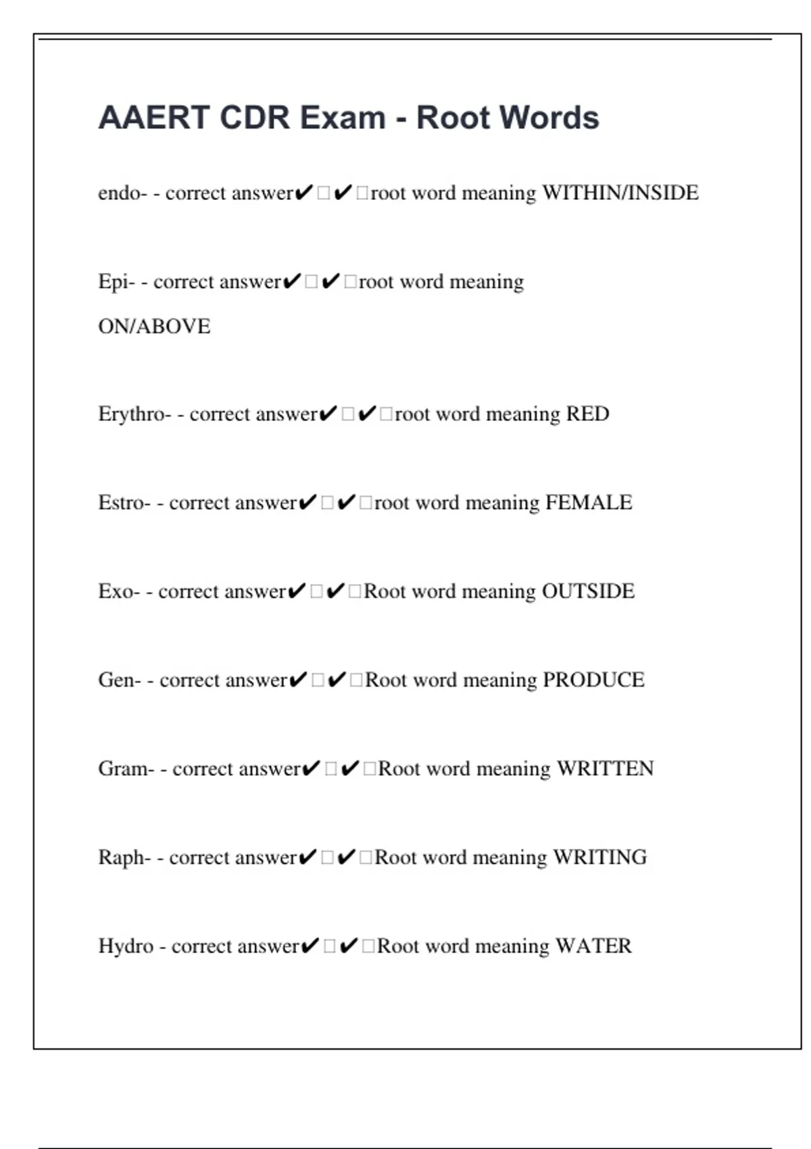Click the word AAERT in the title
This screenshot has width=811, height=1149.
(154, 118)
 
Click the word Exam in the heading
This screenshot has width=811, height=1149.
(343, 118)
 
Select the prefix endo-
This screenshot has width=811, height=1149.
(122, 193)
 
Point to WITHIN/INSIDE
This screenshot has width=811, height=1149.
(620, 193)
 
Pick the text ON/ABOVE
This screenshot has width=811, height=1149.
(154, 326)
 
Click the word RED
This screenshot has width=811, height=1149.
(587, 414)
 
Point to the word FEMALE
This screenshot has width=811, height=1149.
(589, 503)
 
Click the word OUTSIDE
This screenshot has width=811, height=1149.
(589, 591)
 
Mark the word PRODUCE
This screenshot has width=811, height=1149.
(593, 680)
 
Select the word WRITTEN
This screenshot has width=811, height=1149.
(605, 769)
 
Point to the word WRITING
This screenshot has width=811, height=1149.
(599, 858)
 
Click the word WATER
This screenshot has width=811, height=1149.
(593, 946)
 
